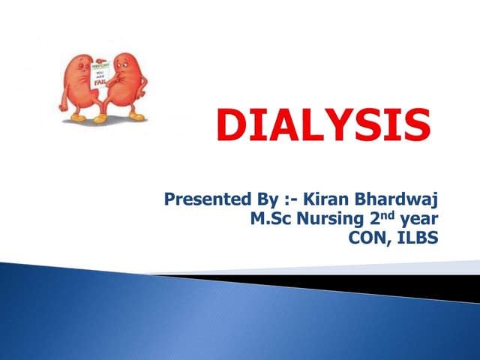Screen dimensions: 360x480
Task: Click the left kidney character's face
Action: point(82,67)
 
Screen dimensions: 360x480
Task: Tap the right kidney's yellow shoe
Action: point(136,116)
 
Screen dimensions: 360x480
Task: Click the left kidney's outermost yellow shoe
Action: point(79,118)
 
